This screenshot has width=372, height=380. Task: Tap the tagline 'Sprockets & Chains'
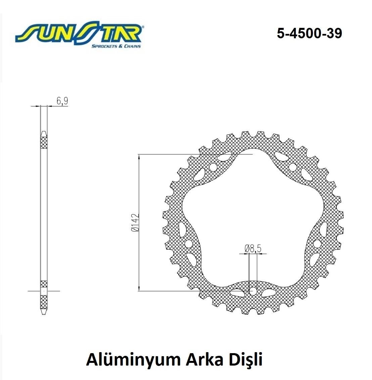[x=116, y=46]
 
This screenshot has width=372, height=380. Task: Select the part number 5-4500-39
[x=309, y=33]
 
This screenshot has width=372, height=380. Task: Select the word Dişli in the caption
[x=245, y=360]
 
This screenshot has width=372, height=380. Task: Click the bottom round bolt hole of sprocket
[x=253, y=290]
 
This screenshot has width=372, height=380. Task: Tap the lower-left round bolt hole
[x=189, y=243]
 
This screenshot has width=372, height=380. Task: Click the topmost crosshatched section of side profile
[x=44, y=142]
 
